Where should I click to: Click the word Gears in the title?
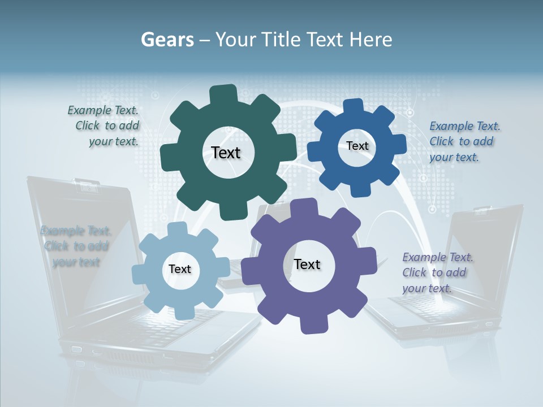point(166,40)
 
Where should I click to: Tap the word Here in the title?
point(370,40)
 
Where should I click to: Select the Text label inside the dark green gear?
point(226,153)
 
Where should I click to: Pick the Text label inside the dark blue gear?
point(357,146)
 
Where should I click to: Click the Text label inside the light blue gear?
point(180,269)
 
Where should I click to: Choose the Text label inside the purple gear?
point(307,264)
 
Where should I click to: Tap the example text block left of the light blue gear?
point(76,246)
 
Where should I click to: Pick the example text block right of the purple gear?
point(436,272)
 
